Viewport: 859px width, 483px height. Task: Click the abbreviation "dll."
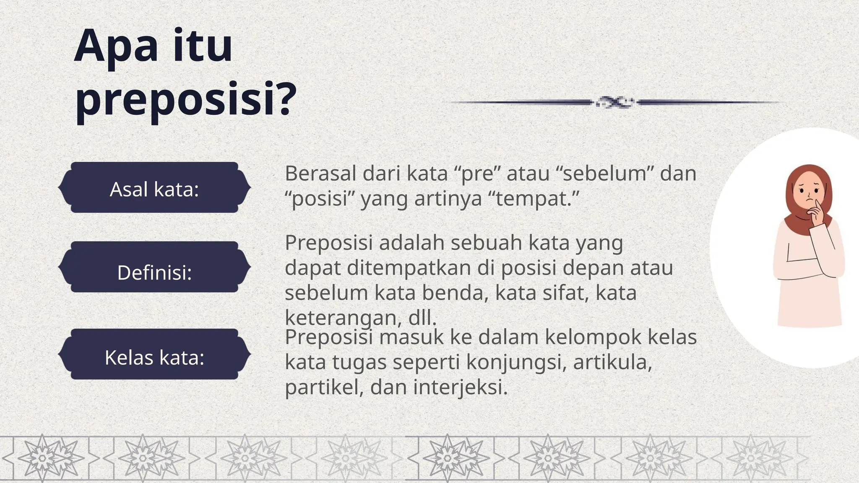422,319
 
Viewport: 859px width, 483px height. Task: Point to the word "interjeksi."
461,387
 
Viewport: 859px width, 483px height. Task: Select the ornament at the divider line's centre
615,102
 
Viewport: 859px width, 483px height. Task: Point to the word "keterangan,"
344,319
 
